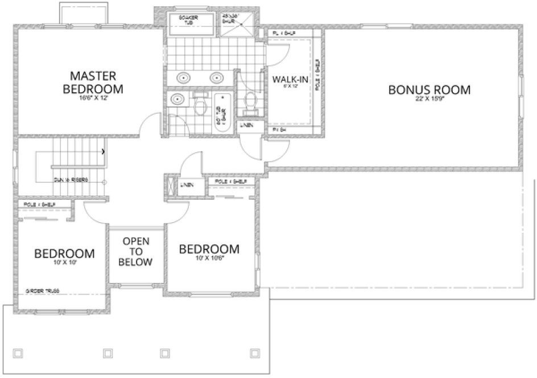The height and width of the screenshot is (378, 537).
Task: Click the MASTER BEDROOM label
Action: click(93, 82)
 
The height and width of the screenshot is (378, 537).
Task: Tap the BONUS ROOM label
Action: click(429, 89)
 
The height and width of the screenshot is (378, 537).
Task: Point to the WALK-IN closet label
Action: click(290, 79)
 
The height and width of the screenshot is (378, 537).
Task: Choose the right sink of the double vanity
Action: click(217, 78)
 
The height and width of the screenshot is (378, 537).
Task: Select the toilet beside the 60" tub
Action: click(199, 105)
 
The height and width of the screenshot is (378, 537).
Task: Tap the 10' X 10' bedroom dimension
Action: click(64, 263)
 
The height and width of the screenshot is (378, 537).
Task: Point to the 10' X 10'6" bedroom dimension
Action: click(208, 259)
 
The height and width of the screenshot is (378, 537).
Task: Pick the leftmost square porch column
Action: click(18, 352)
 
